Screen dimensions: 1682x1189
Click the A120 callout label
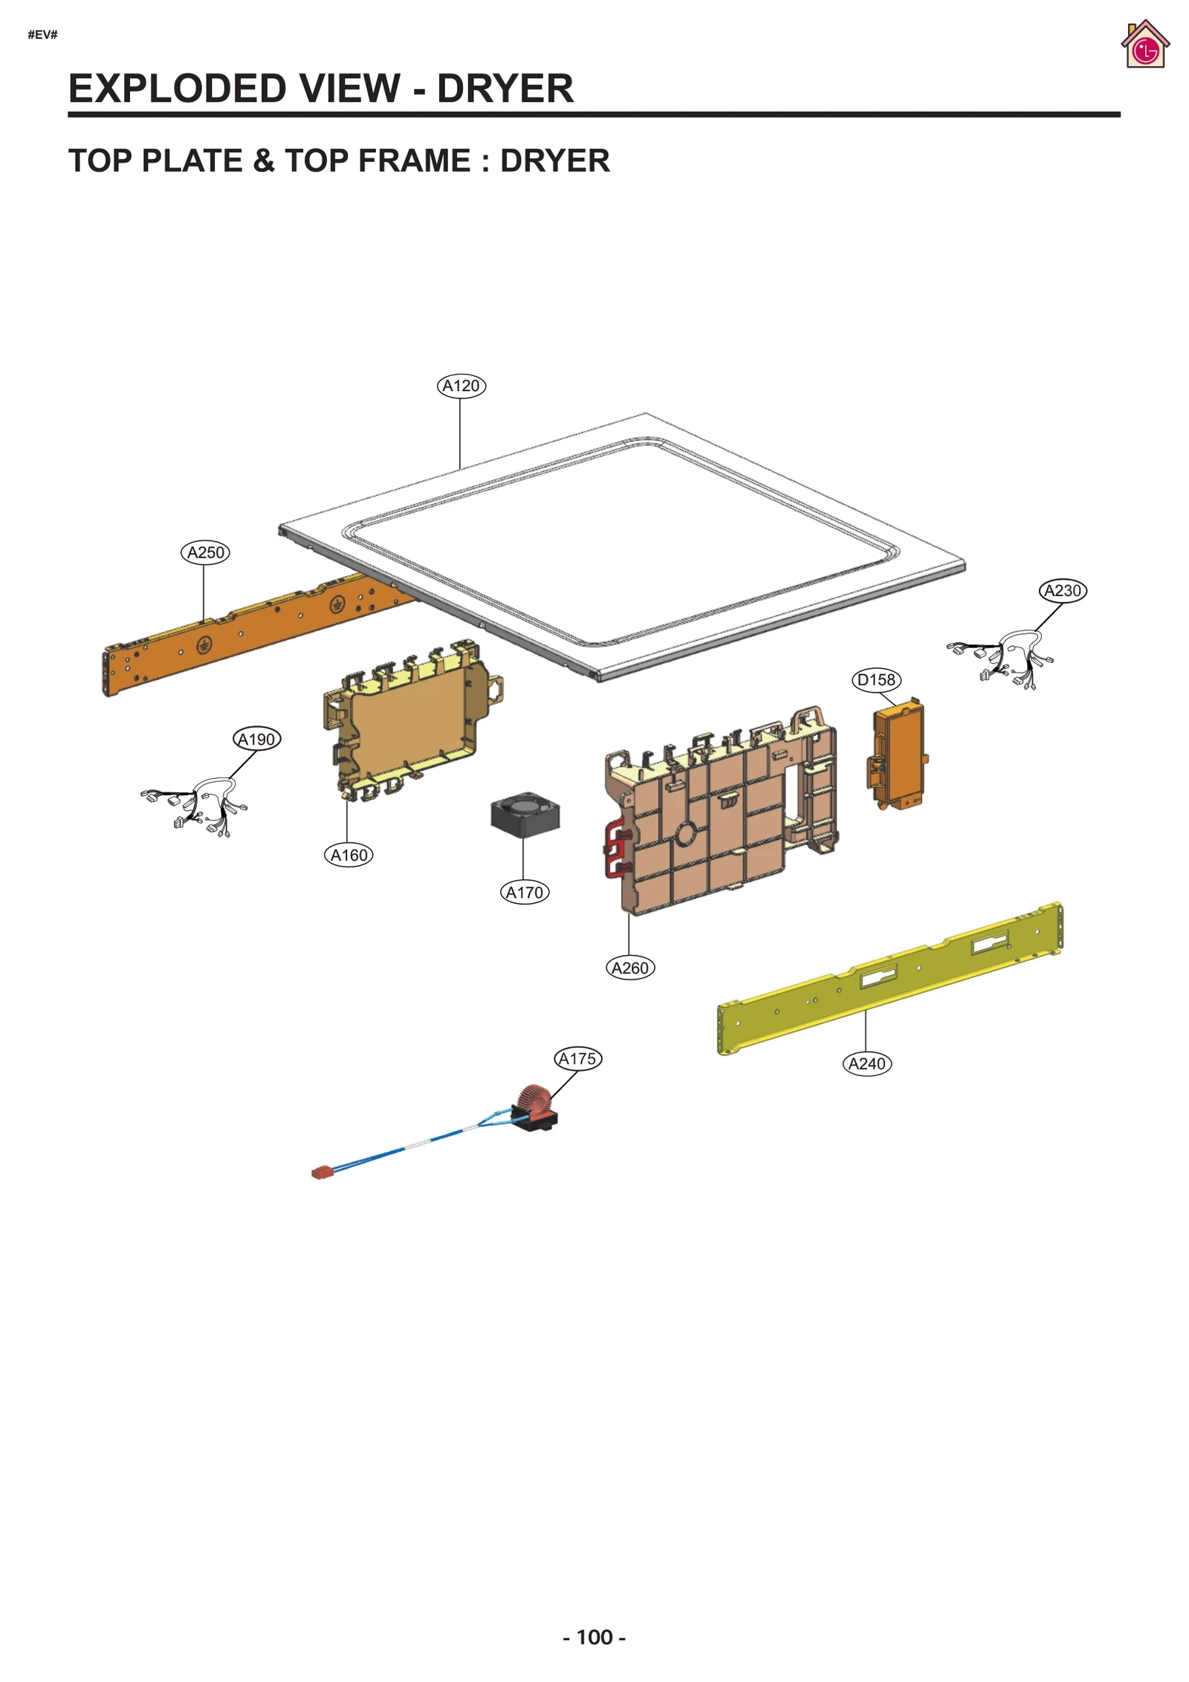tap(461, 386)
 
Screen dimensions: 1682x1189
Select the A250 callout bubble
tap(205, 552)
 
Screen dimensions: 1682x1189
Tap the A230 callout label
tap(1062, 590)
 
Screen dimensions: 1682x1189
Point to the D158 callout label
tap(876, 679)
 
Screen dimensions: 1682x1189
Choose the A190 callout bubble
tap(256, 739)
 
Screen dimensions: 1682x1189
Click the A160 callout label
tap(349, 855)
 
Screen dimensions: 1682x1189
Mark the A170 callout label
tap(524, 892)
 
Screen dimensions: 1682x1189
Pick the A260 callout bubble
tap(630, 968)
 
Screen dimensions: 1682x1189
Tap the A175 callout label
tap(577, 1058)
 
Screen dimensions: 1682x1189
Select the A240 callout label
tap(866, 1064)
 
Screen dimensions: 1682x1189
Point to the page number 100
tap(594, 1637)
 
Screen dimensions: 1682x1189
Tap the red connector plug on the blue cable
tap(321, 1173)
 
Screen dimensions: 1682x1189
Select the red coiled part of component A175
tap(532, 1099)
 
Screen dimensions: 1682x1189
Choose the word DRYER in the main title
tap(505, 88)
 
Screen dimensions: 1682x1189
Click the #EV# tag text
tap(42, 34)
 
